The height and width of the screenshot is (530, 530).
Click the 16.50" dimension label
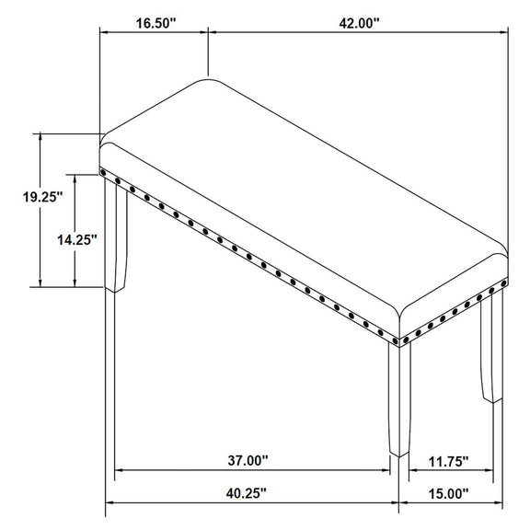point(156,23)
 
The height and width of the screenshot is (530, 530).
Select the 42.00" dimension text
point(360,23)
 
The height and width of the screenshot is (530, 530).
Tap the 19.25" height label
point(43,197)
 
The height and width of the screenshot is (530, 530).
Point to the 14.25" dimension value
point(77,240)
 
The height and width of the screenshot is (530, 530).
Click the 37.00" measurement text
point(248,460)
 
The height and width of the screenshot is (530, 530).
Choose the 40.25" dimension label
point(247,493)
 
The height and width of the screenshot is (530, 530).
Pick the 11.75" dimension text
point(448,461)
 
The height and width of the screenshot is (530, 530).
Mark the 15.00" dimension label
point(449,494)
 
